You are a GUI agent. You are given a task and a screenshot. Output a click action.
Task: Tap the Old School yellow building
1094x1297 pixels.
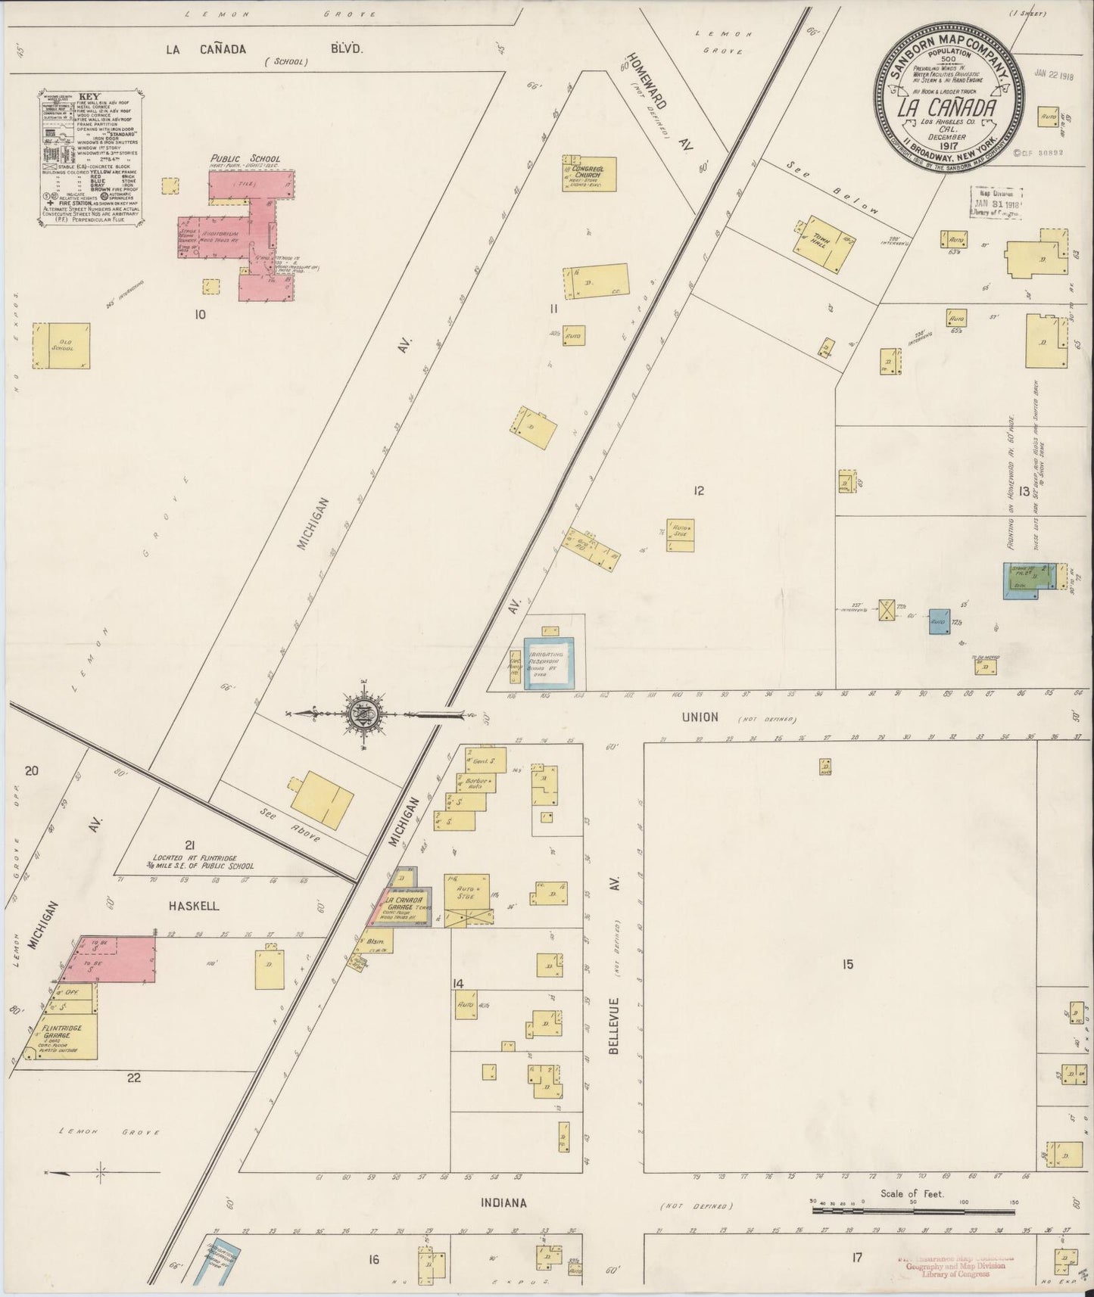[61, 346]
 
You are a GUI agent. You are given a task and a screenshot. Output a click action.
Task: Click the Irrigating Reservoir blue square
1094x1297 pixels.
[549, 662]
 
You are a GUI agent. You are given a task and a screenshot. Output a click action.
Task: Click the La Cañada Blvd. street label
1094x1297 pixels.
[265, 49]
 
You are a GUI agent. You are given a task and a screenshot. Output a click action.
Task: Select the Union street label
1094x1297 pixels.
[700, 717]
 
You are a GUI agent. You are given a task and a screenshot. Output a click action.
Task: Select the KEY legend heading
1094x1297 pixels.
[89, 98]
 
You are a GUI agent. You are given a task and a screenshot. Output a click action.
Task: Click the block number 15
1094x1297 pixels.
[847, 964]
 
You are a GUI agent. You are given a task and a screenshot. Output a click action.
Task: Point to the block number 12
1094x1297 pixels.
[698, 490]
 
